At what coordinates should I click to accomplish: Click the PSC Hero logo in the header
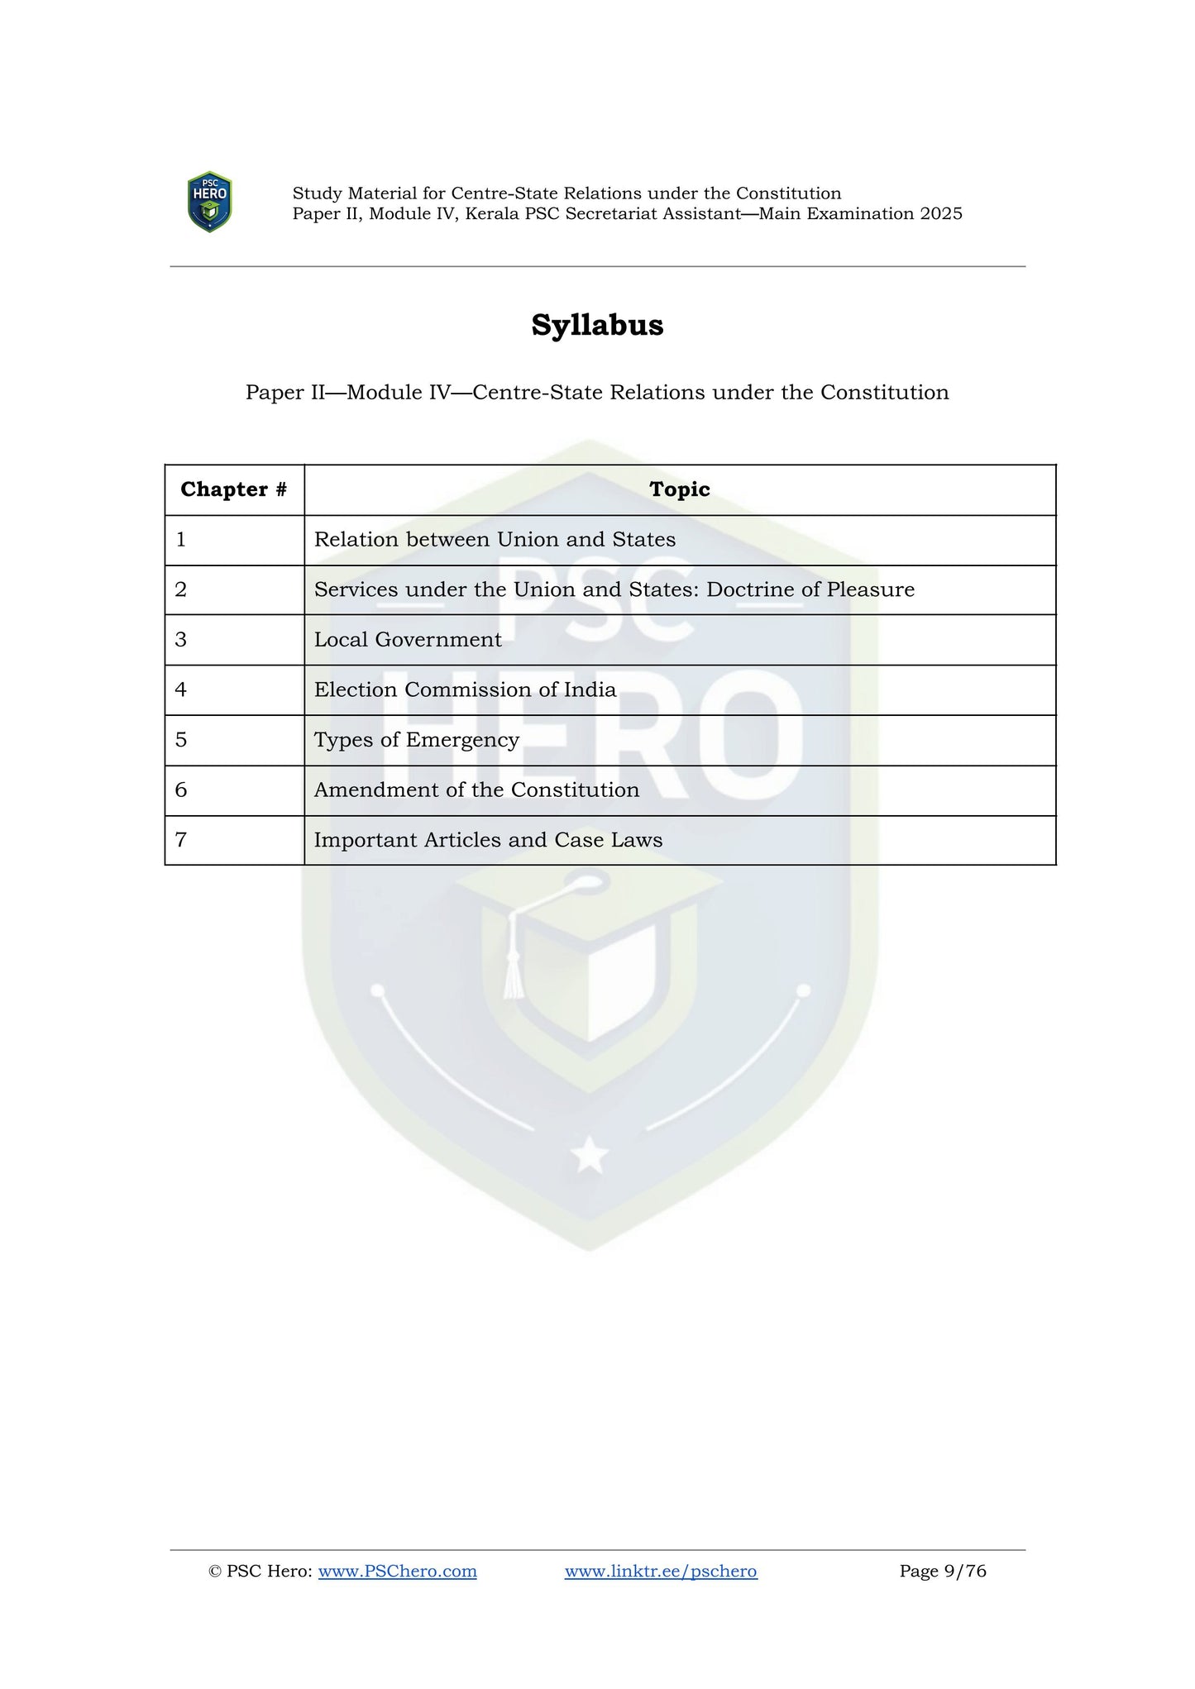click(209, 202)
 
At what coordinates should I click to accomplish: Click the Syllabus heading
click(597, 325)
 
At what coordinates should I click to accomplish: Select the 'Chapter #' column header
click(234, 489)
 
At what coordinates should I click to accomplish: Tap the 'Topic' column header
click(680, 489)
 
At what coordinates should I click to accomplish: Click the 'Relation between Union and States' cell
click(495, 540)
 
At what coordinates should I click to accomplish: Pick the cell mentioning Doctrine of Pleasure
click(614, 589)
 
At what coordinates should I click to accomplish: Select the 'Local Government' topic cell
click(408, 640)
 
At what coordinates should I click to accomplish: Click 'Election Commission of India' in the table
click(465, 689)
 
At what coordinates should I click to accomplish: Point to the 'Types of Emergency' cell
click(417, 740)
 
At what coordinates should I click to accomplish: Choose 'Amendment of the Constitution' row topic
click(476, 790)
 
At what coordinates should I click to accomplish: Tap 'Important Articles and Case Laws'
click(488, 840)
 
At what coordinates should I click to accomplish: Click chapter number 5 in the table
click(181, 740)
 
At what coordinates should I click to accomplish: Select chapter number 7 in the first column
click(181, 840)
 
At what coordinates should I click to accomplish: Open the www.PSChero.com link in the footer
click(397, 1571)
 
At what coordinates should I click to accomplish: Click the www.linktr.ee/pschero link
click(661, 1571)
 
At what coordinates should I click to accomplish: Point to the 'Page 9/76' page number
click(943, 1571)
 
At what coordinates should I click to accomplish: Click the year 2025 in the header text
click(941, 214)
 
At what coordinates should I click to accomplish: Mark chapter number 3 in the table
click(181, 640)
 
